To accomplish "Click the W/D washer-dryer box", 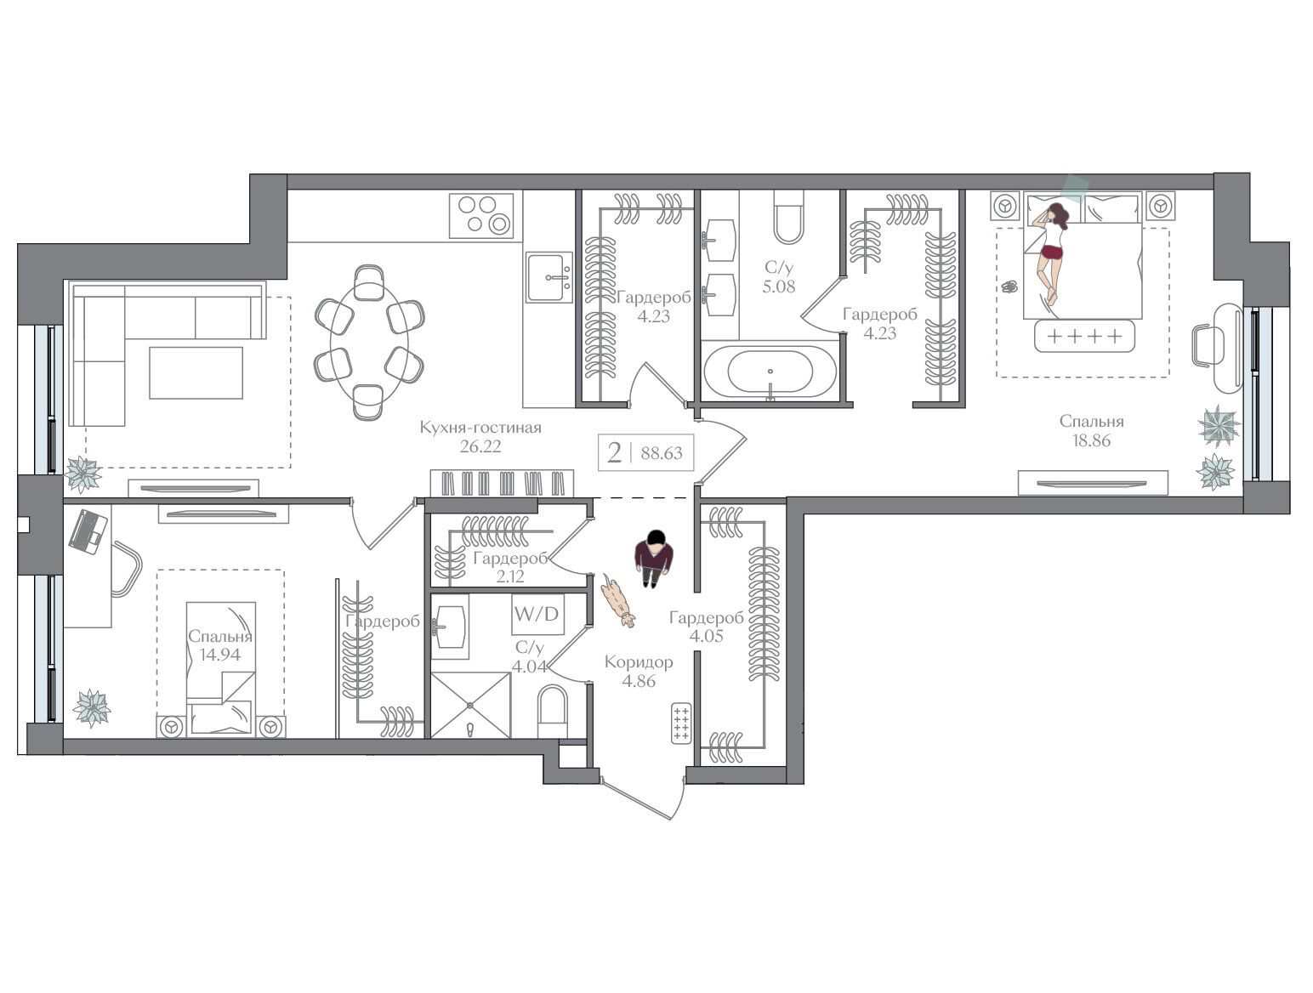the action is coord(537,614).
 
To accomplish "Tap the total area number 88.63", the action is coord(662,453).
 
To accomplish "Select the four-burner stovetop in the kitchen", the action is coord(481,214).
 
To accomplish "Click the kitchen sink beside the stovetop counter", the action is coord(549,277).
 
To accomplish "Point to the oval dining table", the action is coord(370,343).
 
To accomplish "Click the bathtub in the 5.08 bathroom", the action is coord(770,371).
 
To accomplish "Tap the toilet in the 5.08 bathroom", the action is coord(788,217).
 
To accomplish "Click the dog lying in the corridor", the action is coord(618,601).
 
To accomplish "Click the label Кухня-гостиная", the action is coord(480,428).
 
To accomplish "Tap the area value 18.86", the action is coord(1092,440).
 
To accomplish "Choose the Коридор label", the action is coord(639,661).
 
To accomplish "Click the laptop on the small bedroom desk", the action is coord(88,531).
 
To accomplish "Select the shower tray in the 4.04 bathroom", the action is coord(471,705).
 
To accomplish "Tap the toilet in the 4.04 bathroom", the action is coord(552,711).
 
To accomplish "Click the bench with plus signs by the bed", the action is coord(1084,336).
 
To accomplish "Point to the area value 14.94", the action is coord(220,654).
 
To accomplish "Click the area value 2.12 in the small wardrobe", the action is coord(509,576).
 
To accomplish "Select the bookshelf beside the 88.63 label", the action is coord(502,483).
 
